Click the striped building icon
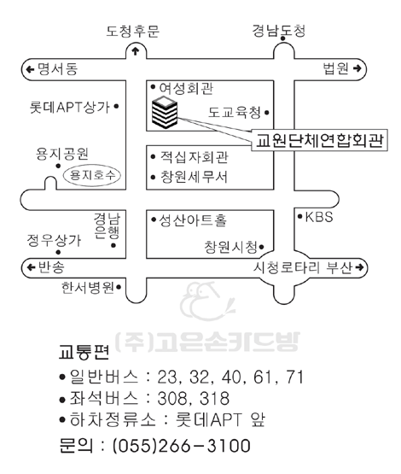pyautogui.click(x=165, y=113)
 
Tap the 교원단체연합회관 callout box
pyautogui.click(x=319, y=140)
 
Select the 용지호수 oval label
pyautogui.click(x=92, y=175)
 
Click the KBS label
pyautogui.click(x=319, y=217)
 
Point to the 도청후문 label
pyautogui.click(x=132, y=31)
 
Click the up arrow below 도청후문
pyautogui.click(x=136, y=51)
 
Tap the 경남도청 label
pyautogui.click(x=278, y=31)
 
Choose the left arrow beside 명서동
pyautogui.click(x=30, y=69)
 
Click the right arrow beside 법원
pyautogui.click(x=357, y=68)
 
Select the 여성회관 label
pyautogui.click(x=186, y=88)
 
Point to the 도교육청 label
pyautogui.click(x=235, y=113)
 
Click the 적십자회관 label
pyautogui.click(x=194, y=157)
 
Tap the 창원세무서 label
pyautogui.click(x=194, y=177)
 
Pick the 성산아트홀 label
pyautogui.click(x=193, y=220)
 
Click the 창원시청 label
pyautogui.click(x=230, y=247)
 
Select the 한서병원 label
pyautogui.click(x=88, y=287)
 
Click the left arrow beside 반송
pyautogui.click(x=31, y=267)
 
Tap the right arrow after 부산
pyautogui.click(x=359, y=267)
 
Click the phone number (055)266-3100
pyautogui.click(x=182, y=445)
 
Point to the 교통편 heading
pyautogui.click(x=84, y=352)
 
